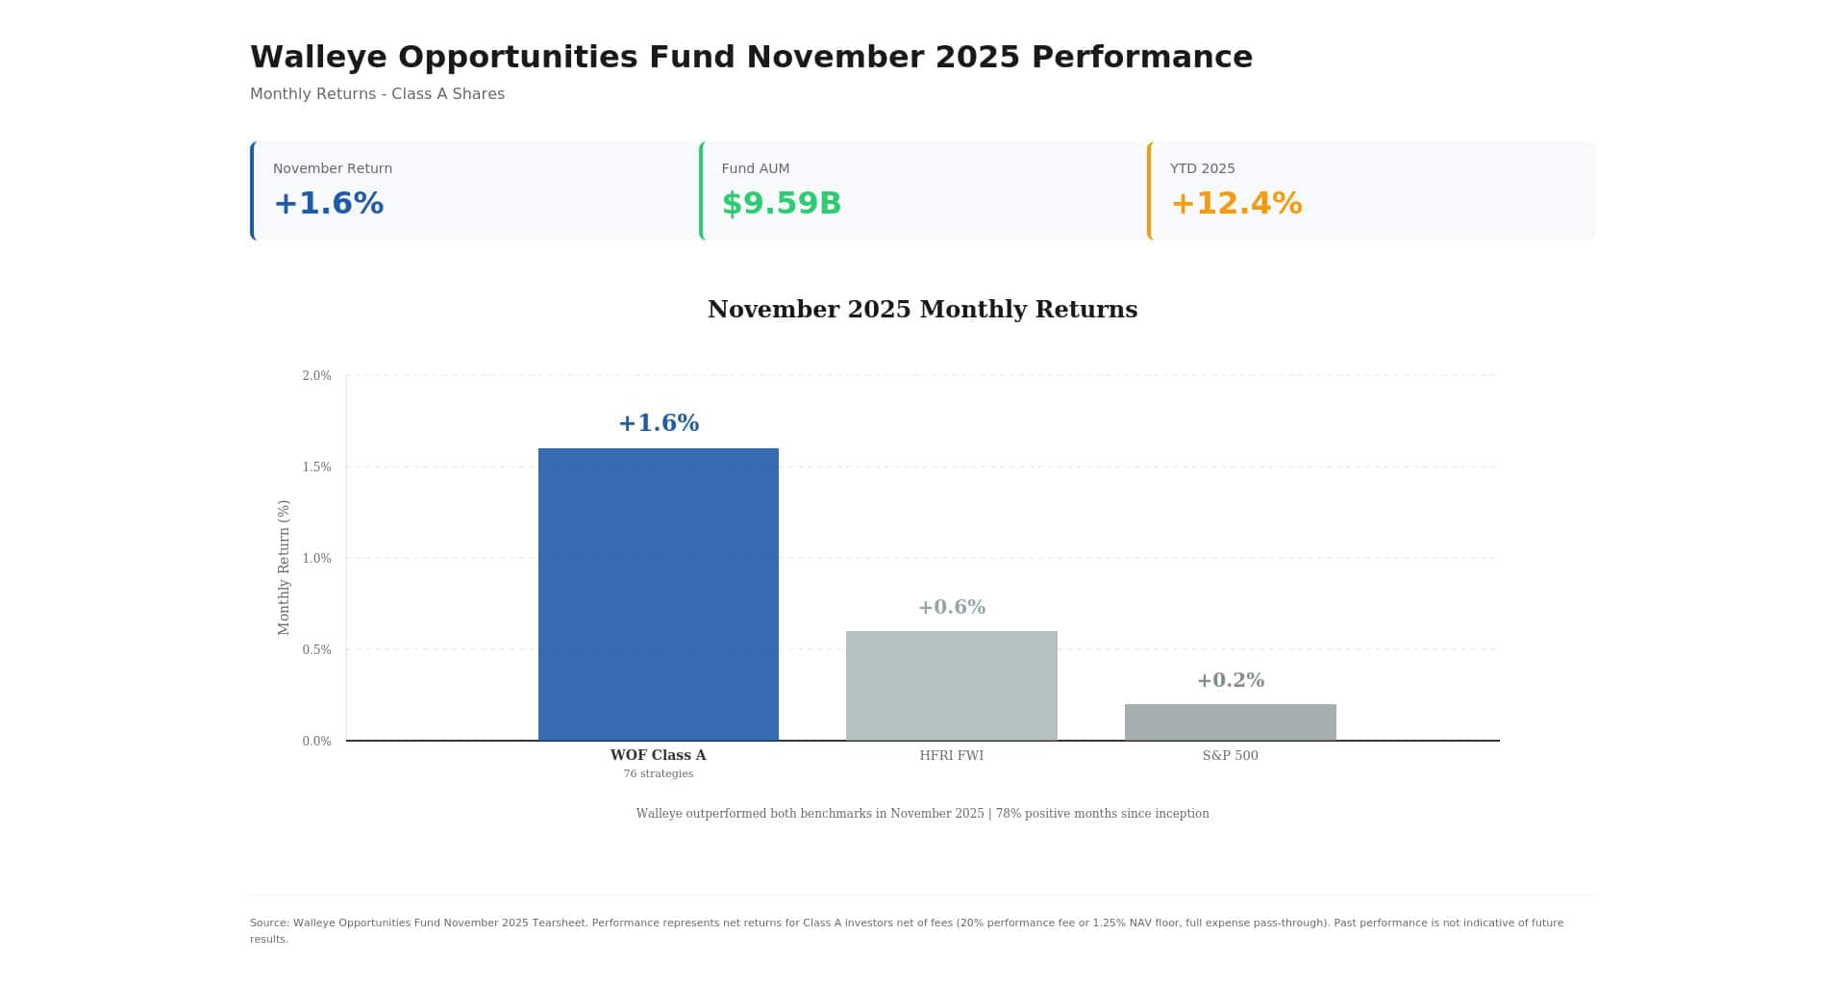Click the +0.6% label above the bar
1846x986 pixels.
click(x=951, y=607)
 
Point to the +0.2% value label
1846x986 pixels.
click(x=1230, y=680)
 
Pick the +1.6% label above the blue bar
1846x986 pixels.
click(x=658, y=423)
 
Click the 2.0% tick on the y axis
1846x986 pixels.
click(x=316, y=376)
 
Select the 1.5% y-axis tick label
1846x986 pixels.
click(x=316, y=468)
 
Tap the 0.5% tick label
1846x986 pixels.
click(x=316, y=650)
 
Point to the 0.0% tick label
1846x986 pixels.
click(x=316, y=742)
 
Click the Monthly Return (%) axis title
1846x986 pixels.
click(x=284, y=567)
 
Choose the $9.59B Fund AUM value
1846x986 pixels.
click(x=781, y=204)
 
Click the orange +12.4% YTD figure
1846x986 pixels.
click(x=1235, y=204)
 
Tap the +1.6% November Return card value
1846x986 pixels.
click(x=328, y=204)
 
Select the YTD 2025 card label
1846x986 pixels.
click(x=1202, y=168)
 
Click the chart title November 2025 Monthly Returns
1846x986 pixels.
click(x=922, y=310)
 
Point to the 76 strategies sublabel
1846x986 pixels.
click(x=658, y=773)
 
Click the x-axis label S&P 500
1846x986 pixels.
click(x=1230, y=755)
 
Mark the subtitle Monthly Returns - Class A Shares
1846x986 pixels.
click(x=377, y=94)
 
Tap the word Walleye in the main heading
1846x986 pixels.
click(x=318, y=58)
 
